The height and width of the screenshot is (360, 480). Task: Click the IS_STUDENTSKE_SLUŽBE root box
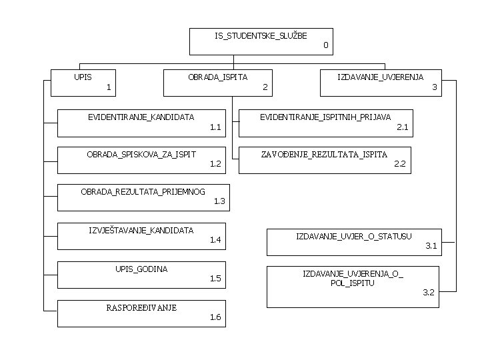(x=261, y=41)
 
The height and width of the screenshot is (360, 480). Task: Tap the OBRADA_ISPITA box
(x=219, y=83)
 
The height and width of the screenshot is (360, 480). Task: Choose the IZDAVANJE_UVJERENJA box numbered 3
(x=381, y=83)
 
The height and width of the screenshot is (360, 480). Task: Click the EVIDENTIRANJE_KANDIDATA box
(x=141, y=122)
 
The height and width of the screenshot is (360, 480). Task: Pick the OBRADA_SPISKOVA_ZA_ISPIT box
(x=141, y=159)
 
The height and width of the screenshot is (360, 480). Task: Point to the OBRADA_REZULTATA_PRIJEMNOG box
(x=143, y=197)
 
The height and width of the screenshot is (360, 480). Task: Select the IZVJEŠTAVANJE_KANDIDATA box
(x=141, y=235)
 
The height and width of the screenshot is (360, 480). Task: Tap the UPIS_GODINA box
(x=141, y=274)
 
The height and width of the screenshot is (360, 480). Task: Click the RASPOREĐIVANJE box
(x=141, y=313)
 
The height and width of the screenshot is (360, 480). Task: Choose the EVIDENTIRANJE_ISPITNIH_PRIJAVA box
(x=325, y=122)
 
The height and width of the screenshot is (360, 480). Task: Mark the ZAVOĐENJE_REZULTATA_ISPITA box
(x=325, y=159)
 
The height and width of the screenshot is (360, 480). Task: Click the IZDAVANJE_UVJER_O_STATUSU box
(x=353, y=241)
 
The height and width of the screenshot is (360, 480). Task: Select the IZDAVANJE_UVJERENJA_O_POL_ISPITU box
(x=353, y=286)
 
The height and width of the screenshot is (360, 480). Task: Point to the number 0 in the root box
(x=325, y=45)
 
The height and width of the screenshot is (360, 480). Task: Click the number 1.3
(x=219, y=201)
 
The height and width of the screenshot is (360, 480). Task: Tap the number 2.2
(x=399, y=163)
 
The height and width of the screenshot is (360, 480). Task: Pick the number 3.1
(x=431, y=246)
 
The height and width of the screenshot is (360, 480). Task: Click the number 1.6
(x=215, y=317)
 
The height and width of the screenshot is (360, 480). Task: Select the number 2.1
(x=402, y=126)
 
